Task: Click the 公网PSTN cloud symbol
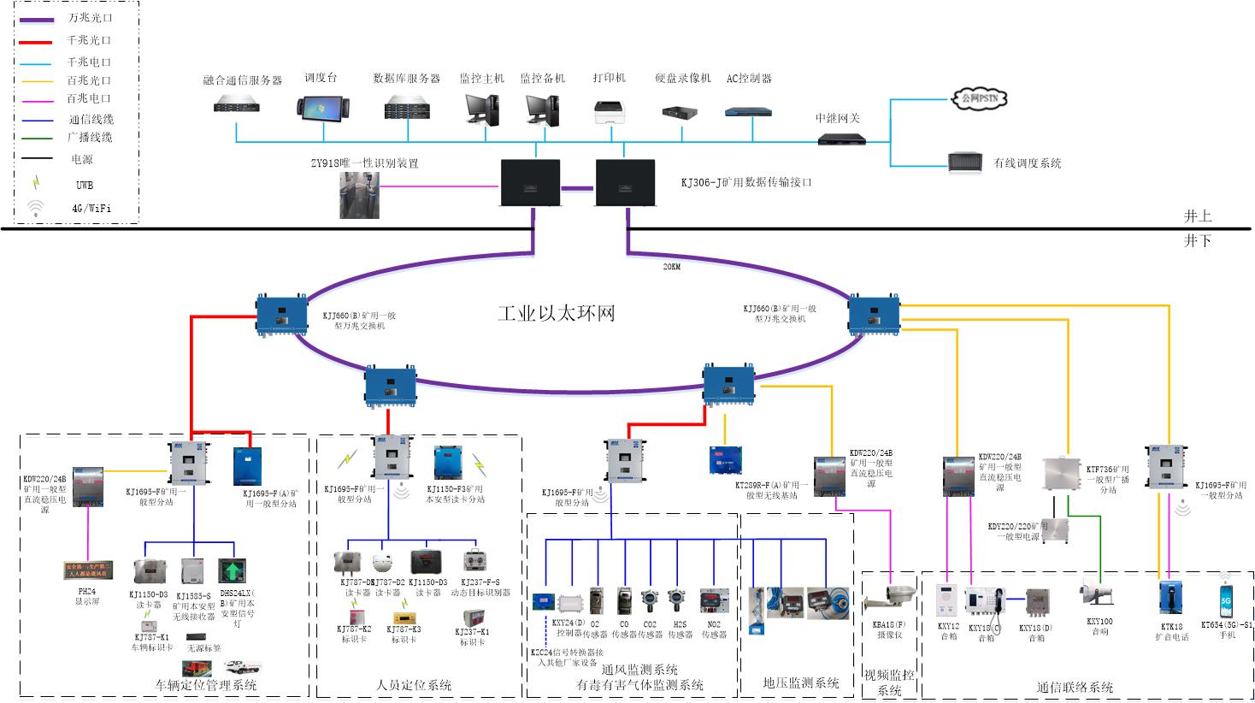coord(979,98)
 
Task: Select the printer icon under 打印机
coord(610,111)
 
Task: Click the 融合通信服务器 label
coord(242,80)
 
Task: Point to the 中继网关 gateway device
coord(841,139)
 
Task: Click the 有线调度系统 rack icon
coord(964,162)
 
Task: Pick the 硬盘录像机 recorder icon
coord(681,112)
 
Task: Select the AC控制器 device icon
coord(748,111)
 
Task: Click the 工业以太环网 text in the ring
coord(557,313)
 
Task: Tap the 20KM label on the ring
coord(672,267)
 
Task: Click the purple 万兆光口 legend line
coord(40,18)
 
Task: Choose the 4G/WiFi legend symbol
coord(36,207)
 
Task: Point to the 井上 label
coord(1197,217)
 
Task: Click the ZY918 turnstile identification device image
coord(359,195)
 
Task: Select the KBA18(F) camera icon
coord(888,598)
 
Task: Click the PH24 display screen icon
coord(88,570)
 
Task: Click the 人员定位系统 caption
coord(414,685)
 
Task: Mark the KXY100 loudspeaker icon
coord(1097,593)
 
